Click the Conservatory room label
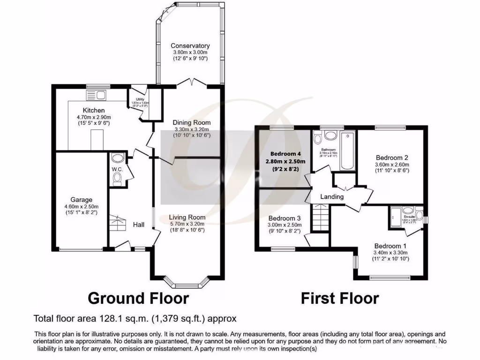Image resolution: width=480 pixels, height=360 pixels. click(190, 46)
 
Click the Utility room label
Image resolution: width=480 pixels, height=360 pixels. click(140, 99)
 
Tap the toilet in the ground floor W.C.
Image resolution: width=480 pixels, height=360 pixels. click(117, 179)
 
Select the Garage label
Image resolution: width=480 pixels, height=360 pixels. click(81, 199)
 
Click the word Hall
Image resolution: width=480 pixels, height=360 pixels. click(138, 225)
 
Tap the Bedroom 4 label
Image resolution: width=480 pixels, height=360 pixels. click(285, 154)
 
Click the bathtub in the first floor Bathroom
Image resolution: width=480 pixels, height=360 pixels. click(346, 151)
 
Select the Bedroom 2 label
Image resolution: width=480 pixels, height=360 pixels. click(392, 158)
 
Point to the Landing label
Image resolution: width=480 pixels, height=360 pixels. click(332, 197)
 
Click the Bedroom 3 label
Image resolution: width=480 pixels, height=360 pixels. click(285, 218)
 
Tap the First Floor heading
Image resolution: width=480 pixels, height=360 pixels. click(340, 298)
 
